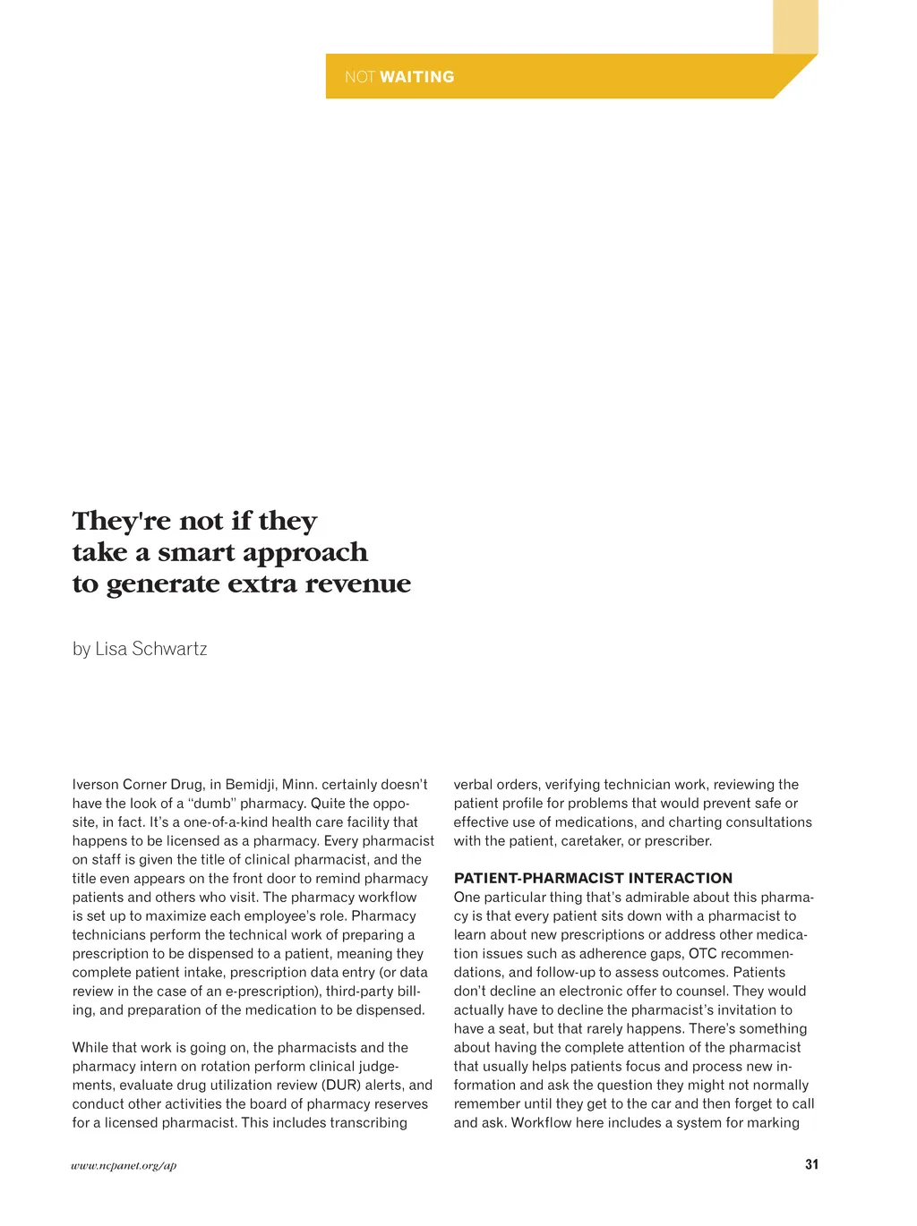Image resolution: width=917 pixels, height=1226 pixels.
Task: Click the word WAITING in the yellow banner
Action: [x=416, y=77]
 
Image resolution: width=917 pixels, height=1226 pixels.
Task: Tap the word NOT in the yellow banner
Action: [x=359, y=77]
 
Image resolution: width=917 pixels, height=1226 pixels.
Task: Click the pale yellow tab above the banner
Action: [x=795, y=26]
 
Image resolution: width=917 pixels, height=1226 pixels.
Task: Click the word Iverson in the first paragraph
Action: [x=95, y=785]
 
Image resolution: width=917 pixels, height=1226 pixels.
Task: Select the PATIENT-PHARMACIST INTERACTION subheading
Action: [x=593, y=879]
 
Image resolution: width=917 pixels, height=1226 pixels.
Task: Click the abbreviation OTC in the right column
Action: [x=702, y=954]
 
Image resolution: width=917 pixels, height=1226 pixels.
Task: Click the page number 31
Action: [x=811, y=1164]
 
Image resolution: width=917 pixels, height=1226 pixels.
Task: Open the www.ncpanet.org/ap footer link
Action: [x=124, y=1165]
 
